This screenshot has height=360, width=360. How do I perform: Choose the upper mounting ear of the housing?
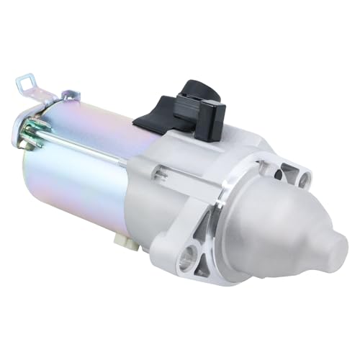295,173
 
